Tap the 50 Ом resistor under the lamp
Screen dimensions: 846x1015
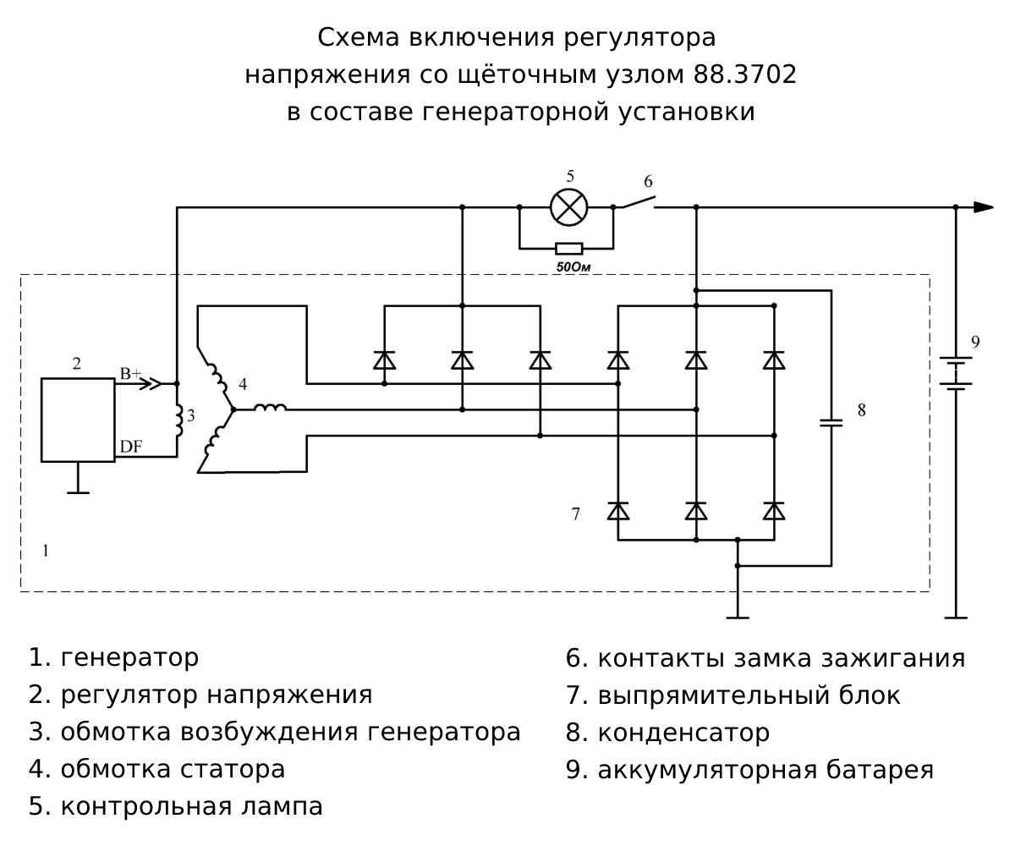point(568,249)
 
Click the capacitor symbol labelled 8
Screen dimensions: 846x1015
point(832,421)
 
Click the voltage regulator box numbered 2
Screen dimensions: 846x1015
point(78,420)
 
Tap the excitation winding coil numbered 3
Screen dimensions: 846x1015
point(178,415)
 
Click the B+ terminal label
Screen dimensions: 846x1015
point(129,373)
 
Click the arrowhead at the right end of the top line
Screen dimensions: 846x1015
point(983,206)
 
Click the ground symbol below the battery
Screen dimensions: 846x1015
point(956,617)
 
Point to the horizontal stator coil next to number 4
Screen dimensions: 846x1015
point(270,409)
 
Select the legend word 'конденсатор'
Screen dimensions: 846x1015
point(683,732)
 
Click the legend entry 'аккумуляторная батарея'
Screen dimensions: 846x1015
point(765,770)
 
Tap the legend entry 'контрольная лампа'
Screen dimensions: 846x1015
point(191,806)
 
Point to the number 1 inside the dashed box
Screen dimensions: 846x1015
point(46,551)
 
